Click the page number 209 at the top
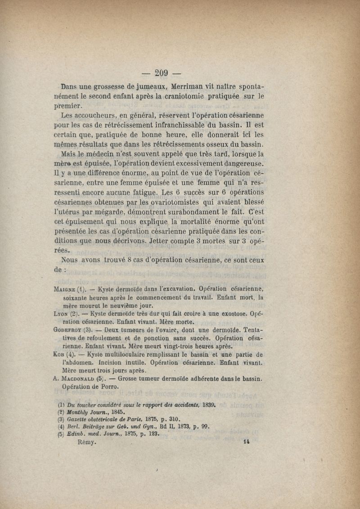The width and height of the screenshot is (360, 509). click(161, 73)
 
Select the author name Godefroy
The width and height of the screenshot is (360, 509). click(67, 329)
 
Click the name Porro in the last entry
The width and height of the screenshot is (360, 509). click(109, 387)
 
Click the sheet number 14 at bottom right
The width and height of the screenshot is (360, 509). click(246, 442)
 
